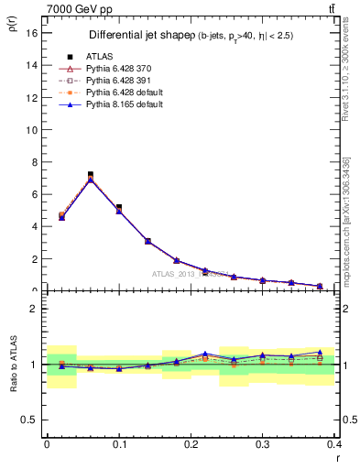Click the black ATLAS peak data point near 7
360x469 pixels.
(91, 174)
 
